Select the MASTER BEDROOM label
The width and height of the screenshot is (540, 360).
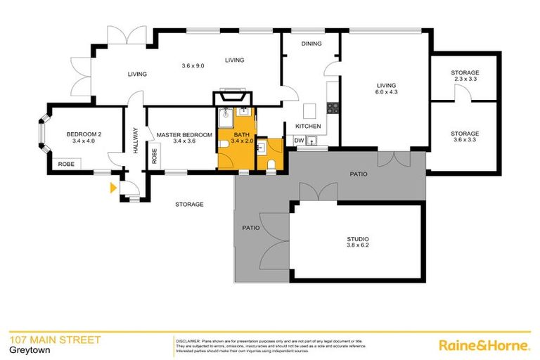[x=184, y=138]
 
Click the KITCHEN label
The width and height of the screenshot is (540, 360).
[x=308, y=127]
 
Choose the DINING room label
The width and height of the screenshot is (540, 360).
[x=311, y=44]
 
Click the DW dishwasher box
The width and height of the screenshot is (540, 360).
[x=299, y=141]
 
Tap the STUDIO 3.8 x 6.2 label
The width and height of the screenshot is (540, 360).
[x=358, y=241]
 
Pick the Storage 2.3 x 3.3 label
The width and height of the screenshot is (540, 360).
[x=465, y=76]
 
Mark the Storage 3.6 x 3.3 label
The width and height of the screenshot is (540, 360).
[x=465, y=136]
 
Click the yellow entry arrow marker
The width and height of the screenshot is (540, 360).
[x=112, y=188]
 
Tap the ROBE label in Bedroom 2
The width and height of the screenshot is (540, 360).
[x=66, y=164]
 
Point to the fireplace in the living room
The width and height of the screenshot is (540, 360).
[x=231, y=97]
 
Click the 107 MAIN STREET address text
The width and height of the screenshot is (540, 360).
[x=55, y=340]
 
